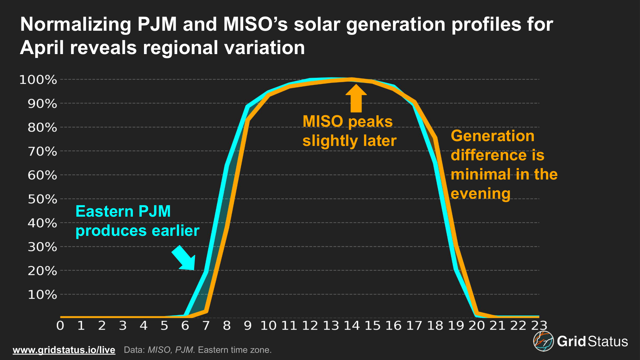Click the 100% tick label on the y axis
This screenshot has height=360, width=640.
click(38, 80)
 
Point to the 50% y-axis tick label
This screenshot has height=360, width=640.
click(42, 199)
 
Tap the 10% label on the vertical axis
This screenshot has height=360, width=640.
click(42, 294)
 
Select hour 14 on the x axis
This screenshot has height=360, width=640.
click(351, 326)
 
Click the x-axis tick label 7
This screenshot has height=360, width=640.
click(206, 326)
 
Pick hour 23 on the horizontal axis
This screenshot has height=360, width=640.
click(539, 326)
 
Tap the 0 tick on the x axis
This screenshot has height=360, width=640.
click(60, 326)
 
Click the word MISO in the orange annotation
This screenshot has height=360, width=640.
click(323, 122)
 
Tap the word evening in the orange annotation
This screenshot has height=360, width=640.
click(480, 194)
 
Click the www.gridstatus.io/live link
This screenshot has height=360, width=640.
click(64, 350)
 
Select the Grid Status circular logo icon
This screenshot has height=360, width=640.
click(543, 341)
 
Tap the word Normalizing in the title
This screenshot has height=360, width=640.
click(76, 24)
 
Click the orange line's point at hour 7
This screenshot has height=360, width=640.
click(206, 311)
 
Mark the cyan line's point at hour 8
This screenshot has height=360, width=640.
click(227, 166)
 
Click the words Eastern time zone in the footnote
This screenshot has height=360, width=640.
click(235, 350)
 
